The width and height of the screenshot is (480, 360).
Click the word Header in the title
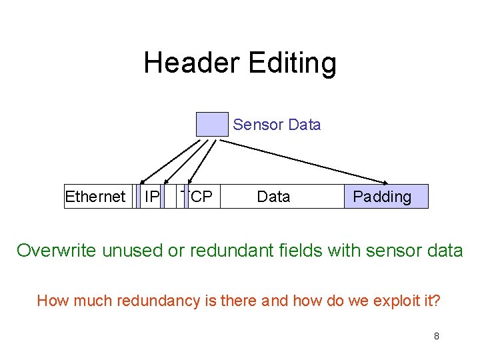pyautogui.click(x=192, y=63)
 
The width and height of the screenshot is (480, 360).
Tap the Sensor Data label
pyautogui.click(x=277, y=125)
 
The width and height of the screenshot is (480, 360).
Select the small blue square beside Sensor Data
pyautogui.click(x=212, y=125)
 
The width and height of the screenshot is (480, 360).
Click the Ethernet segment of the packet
pyautogui.click(x=95, y=197)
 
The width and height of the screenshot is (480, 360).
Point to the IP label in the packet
pyautogui.click(x=152, y=197)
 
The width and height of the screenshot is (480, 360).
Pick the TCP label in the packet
pyautogui.click(x=198, y=197)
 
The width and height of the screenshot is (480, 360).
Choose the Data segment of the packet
pyautogui.click(x=273, y=197)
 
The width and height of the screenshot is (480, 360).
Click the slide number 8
pyautogui.click(x=436, y=336)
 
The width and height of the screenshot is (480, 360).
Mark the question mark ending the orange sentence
pyautogui.click(x=437, y=301)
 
